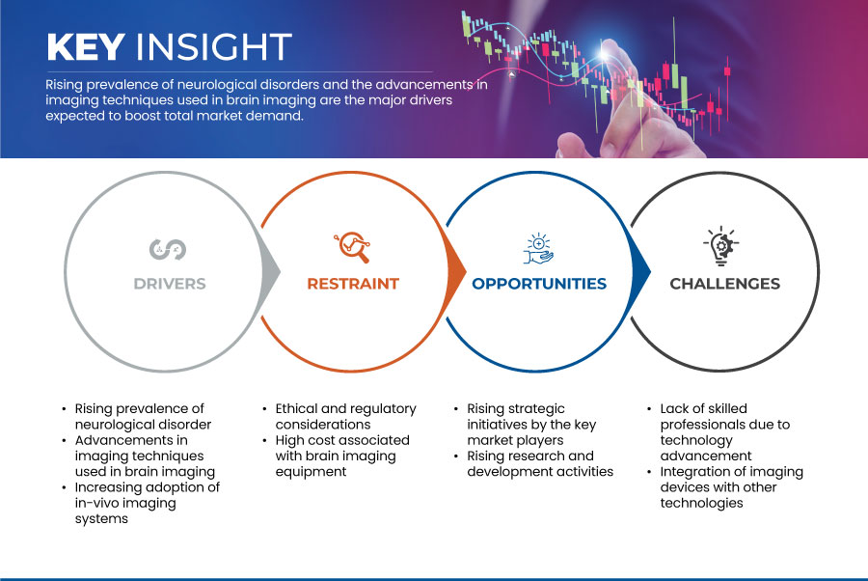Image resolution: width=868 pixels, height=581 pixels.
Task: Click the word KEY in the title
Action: point(86,46)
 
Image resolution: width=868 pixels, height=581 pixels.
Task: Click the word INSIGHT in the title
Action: point(214,46)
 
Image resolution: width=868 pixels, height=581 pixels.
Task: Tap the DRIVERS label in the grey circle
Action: point(170,284)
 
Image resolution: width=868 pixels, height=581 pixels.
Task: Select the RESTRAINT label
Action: point(353,284)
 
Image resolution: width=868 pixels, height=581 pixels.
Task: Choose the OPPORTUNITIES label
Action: point(539,284)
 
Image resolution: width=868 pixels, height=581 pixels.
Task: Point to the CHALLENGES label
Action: point(724,284)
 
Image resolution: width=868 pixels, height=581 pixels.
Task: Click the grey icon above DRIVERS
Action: point(168,249)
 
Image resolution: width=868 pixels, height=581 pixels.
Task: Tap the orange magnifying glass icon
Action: point(352,247)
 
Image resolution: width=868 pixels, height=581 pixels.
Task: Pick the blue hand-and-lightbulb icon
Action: point(538,249)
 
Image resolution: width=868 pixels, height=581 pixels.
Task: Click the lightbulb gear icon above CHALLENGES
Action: point(721,245)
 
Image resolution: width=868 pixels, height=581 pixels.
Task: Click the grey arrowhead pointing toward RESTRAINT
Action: point(270,271)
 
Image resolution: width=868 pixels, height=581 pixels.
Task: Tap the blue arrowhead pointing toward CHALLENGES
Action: point(640,271)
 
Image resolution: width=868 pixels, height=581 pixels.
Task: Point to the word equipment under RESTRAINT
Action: point(311,472)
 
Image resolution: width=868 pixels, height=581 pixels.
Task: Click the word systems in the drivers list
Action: point(101,519)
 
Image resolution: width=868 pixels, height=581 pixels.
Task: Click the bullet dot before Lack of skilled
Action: point(649,409)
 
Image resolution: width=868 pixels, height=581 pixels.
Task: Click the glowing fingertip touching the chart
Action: point(605,53)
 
